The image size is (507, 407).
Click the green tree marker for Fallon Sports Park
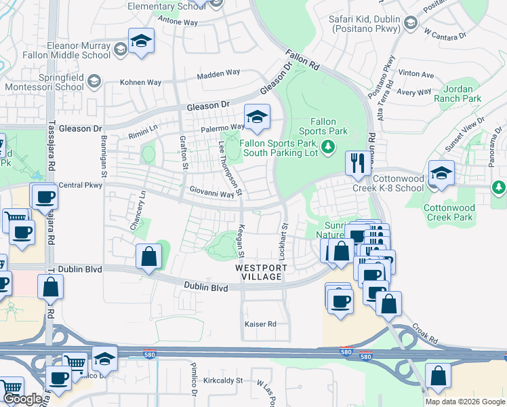328,147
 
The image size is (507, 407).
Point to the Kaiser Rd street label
261,324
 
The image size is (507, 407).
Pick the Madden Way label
215,77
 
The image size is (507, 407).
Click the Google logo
22,399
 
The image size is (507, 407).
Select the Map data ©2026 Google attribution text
465,402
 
